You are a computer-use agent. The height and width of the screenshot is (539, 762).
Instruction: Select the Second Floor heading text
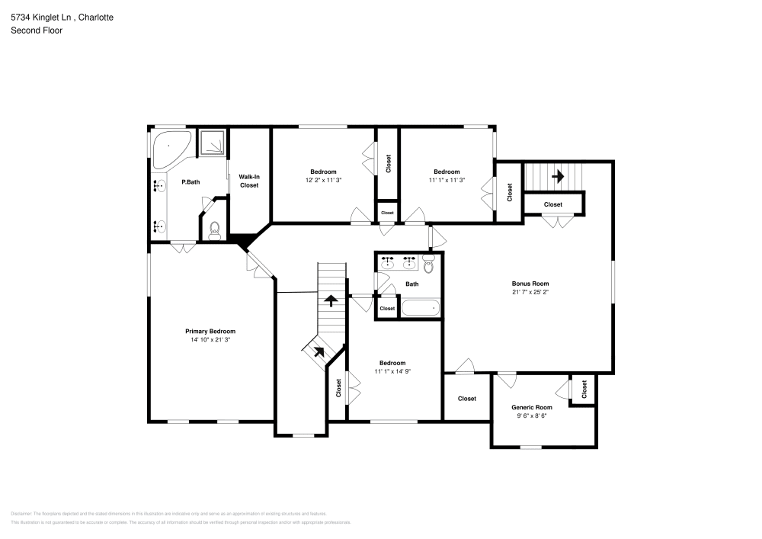click(37, 30)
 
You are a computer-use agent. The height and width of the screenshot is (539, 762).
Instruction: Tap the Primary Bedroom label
click(210, 331)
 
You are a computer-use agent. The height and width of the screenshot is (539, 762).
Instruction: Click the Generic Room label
click(531, 407)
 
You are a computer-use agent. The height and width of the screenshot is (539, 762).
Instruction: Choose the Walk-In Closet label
click(249, 181)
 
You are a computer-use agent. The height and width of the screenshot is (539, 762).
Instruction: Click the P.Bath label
click(190, 182)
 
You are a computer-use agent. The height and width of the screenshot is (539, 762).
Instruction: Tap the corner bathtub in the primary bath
click(169, 148)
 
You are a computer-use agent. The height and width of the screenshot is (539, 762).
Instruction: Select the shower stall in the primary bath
click(213, 143)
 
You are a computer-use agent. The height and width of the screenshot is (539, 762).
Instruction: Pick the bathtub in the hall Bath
click(420, 308)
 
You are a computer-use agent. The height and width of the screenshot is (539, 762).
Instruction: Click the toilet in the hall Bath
click(428, 265)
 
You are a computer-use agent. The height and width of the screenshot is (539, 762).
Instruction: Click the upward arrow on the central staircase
click(331, 299)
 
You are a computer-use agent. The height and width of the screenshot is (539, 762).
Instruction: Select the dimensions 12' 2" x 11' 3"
click(323, 181)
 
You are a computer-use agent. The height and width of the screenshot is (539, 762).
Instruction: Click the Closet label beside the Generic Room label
click(584, 390)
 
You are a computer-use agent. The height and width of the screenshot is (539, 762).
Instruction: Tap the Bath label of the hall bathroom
click(411, 284)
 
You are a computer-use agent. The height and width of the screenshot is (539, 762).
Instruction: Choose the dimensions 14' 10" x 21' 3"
click(210, 340)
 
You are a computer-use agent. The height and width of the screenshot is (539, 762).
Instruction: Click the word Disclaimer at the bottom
click(22, 514)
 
